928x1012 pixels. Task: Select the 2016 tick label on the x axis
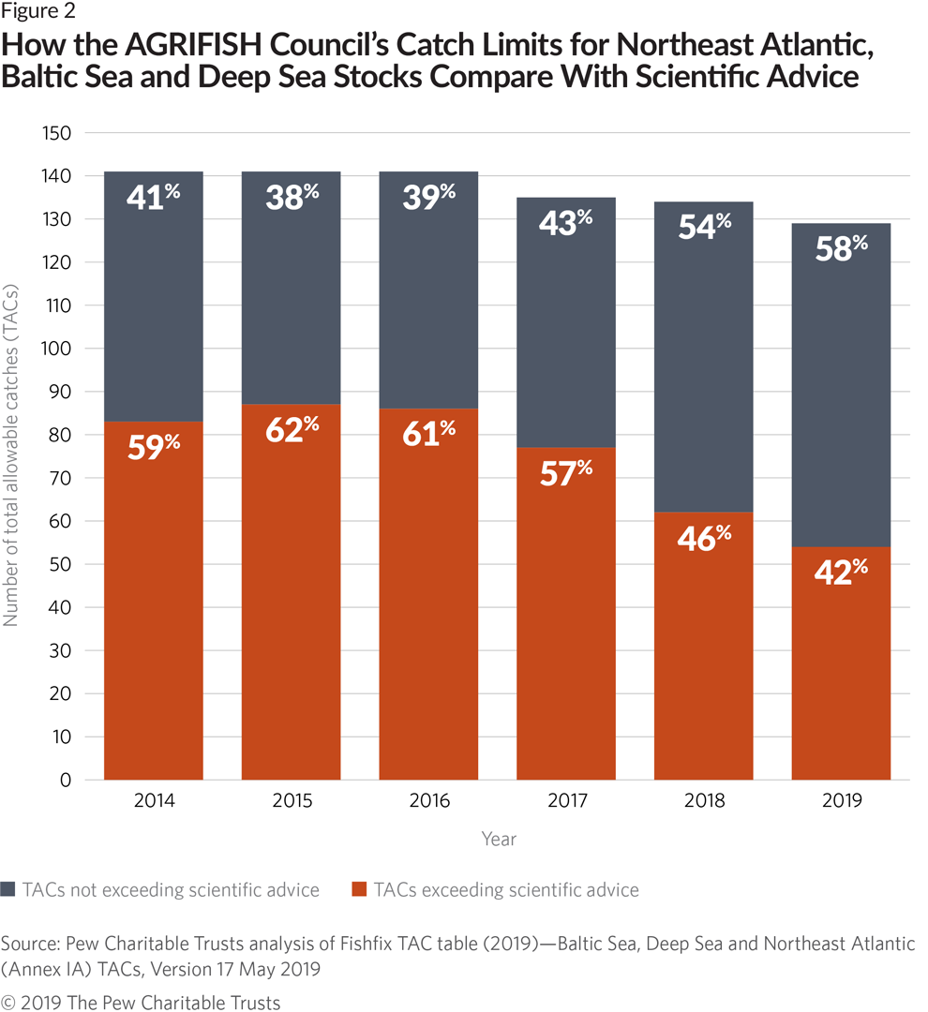click(428, 802)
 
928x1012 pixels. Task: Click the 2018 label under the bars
click(704, 802)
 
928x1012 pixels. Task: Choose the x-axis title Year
click(498, 839)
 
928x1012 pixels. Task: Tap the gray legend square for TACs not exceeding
click(9, 889)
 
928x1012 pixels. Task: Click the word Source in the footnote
click(28, 942)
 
